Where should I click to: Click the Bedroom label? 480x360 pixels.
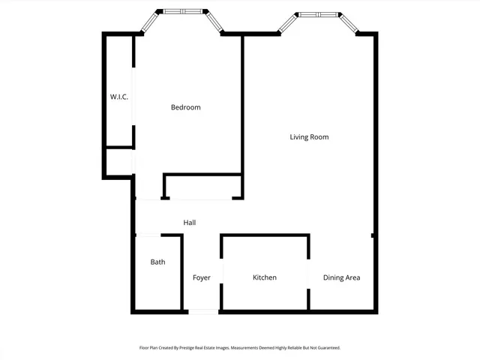[x=185, y=107]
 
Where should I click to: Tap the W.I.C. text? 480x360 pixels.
[x=119, y=97]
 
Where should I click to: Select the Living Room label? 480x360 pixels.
[x=309, y=137]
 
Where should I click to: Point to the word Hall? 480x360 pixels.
[x=190, y=223]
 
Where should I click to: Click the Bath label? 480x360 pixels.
[x=157, y=262]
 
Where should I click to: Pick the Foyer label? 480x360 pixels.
[x=201, y=278]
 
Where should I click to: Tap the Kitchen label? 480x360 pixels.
[x=264, y=278]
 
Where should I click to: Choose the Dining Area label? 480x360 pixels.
[x=341, y=278]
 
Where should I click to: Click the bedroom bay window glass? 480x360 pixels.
[x=182, y=11]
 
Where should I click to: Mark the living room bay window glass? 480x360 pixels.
[x=318, y=14]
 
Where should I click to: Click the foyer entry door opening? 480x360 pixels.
[x=201, y=311]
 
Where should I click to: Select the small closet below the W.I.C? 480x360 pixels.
[x=118, y=161]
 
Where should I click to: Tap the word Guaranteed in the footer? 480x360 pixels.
[x=327, y=348]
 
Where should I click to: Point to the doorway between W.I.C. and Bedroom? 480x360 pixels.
[x=134, y=97]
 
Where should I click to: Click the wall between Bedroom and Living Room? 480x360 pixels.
[x=242, y=105]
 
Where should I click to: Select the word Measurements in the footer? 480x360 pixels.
[x=246, y=348]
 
